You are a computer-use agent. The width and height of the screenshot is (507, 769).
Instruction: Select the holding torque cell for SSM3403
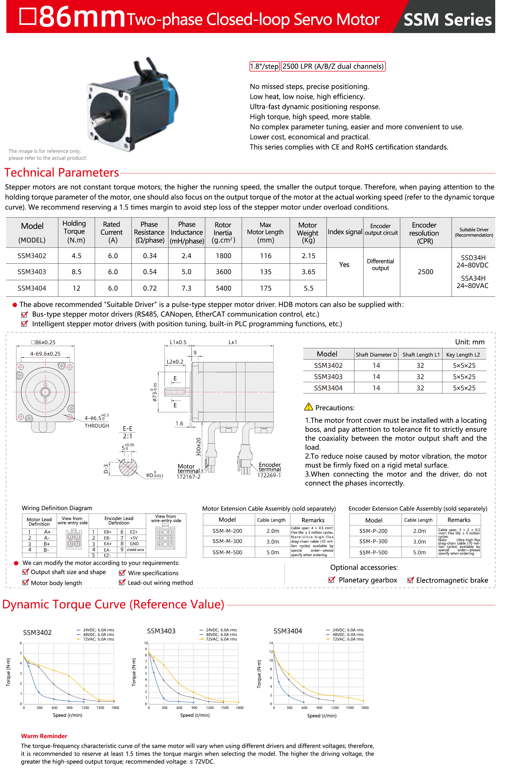[76, 272]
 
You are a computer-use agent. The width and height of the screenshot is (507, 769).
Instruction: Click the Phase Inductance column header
[187, 232]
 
